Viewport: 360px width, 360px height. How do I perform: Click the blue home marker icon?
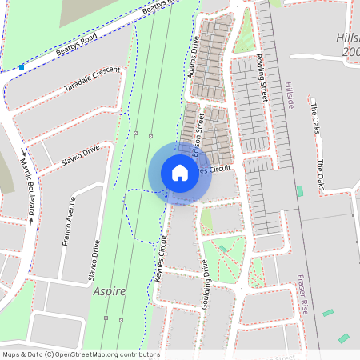[x=180, y=173]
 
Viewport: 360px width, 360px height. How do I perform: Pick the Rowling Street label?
[x=262, y=76]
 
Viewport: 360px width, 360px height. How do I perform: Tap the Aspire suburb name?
[x=109, y=291]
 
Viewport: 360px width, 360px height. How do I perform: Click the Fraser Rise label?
[x=302, y=294]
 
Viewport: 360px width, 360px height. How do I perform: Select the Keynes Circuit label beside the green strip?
[x=163, y=258]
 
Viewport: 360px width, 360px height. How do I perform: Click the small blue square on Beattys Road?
[x=22, y=67]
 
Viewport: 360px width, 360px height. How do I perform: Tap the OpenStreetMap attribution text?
[x=80, y=354]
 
